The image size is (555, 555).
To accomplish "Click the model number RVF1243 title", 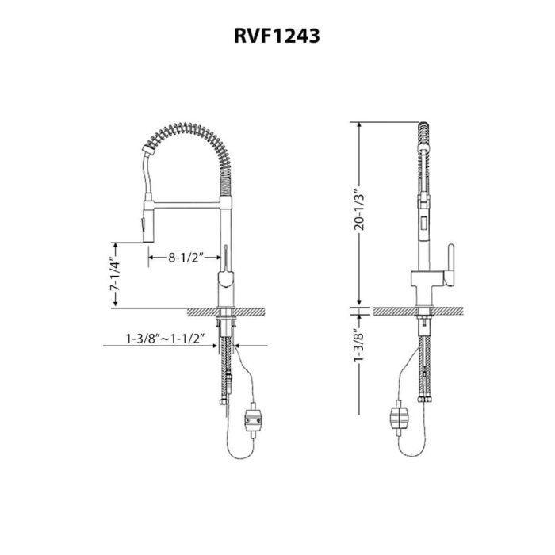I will coord(277,36).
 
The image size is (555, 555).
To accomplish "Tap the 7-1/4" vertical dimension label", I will coord(115,274).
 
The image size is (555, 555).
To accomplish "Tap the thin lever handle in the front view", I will coord(225,259).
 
